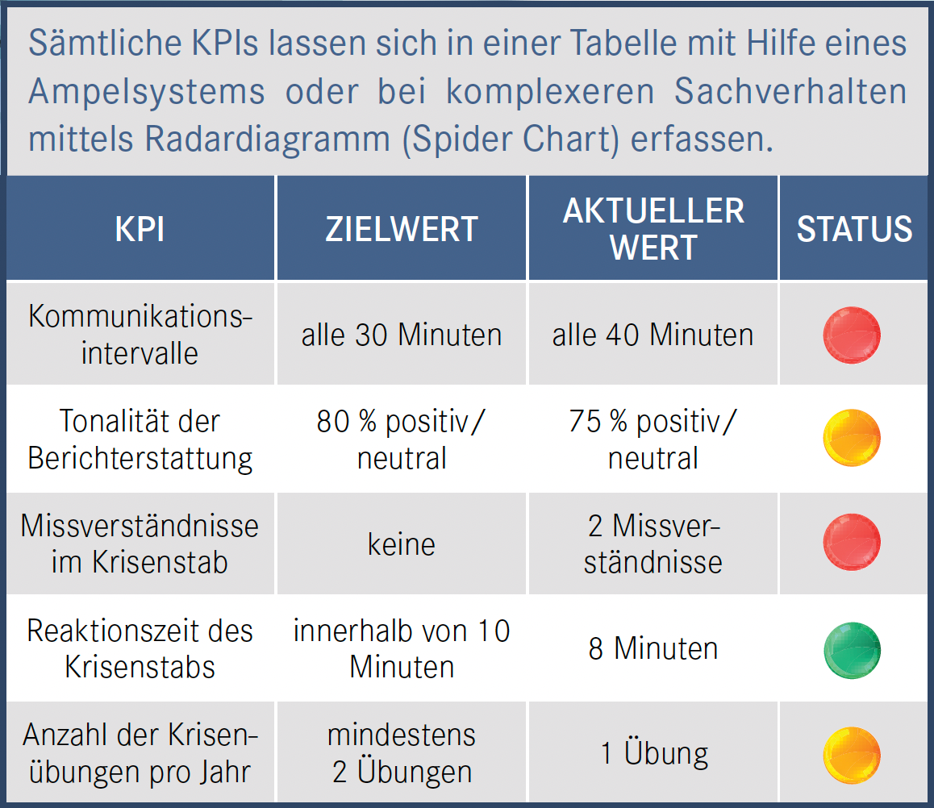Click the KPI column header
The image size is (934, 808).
pyautogui.click(x=140, y=229)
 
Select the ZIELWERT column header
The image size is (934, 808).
pyautogui.click(x=402, y=229)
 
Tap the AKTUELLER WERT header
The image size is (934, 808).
pyautogui.click(x=653, y=229)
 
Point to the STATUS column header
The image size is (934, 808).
pyautogui.click(x=854, y=229)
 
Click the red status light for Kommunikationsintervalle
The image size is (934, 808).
pyautogui.click(x=852, y=335)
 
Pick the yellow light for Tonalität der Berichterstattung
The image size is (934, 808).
pyautogui.click(x=852, y=439)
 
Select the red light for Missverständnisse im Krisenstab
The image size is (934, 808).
pyautogui.click(x=852, y=543)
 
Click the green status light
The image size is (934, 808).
pyautogui.click(x=852, y=649)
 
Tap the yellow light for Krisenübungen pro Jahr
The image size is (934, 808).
pyautogui.click(x=852, y=755)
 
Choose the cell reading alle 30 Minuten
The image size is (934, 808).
pyautogui.click(x=402, y=335)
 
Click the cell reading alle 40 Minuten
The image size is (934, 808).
pyautogui.click(x=653, y=335)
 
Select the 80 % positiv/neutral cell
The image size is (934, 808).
pyautogui.click(x=402, y=439)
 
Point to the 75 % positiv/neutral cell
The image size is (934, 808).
pyautogui.click(x=653, y=439)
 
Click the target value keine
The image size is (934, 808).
pyautogui.click(x=402, y=544)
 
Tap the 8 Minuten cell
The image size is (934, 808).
pyautogui.click(x=653, y=649)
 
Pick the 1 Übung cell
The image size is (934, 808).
pyautogui.click(x=654, y=753)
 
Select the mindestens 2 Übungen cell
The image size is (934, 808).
pyautogui.click(x=402, y=753)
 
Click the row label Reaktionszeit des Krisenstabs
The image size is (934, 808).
pyautogui.click(x=140, y=648)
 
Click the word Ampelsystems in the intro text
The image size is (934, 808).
pyautogui.click(x=146, y=92)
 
